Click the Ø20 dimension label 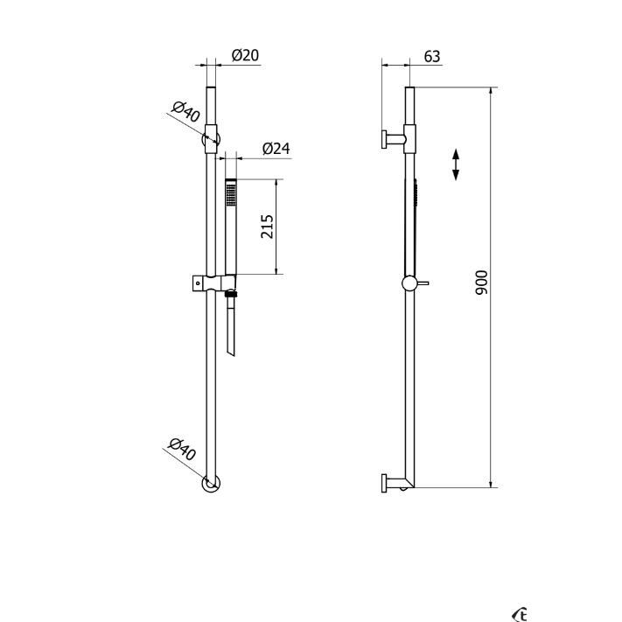click(245, 55)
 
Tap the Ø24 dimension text click(276, 149)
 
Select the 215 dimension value click(267, 227)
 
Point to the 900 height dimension click(481, 283)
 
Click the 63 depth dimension click(432, 56)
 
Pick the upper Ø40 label click(185, 111)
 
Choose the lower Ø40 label click(182, 449)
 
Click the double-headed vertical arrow click(456, 164)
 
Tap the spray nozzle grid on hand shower click(230, 195)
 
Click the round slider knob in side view click(409, 283)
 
